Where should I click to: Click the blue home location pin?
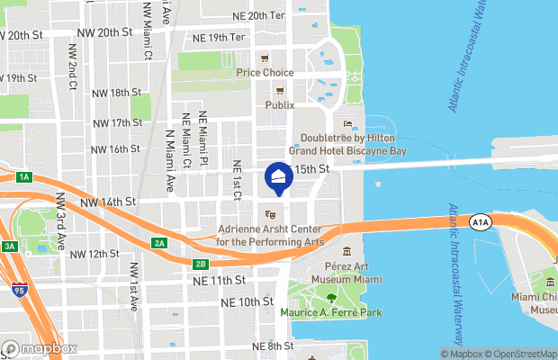coord(279,178)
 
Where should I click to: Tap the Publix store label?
coord(279,104)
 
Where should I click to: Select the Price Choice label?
coord(265,72)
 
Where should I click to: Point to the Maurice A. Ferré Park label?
coord(330,312)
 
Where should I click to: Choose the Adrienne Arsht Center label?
coord(271,236)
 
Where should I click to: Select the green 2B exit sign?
coord(200,264)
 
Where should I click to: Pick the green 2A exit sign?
coord(159,243)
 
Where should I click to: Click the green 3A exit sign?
coord(9,246)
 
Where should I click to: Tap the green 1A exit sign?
coord(24,177)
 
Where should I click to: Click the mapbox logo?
coord(40,348)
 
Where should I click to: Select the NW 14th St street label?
coord(112,202)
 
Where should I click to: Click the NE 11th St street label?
coord(220,282)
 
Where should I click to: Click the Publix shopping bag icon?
coord(279,90)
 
